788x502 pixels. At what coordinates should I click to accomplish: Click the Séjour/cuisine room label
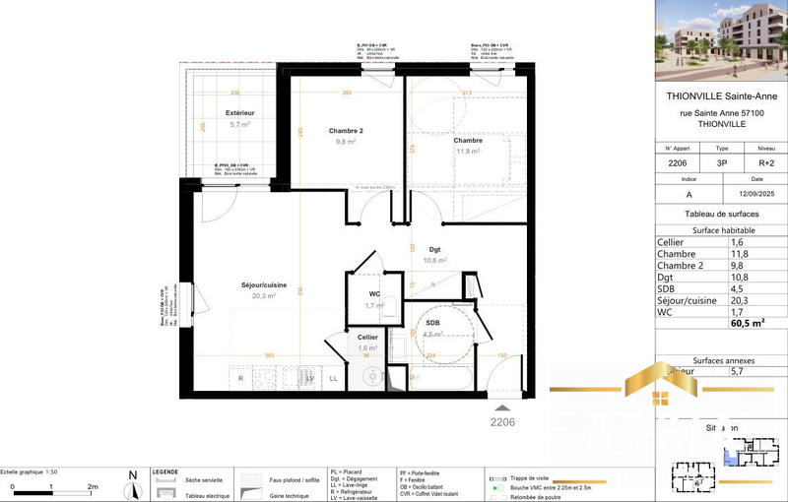[x=264, y=285]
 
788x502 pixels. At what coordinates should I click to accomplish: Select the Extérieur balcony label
[x=240, y=113]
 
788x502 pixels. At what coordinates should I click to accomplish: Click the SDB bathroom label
[x=432, y=323]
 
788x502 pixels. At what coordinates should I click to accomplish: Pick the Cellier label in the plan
[x=368, y=337]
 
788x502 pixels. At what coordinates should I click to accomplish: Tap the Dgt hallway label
[x=434, y=250]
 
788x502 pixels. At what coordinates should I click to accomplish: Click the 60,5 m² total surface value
[x=748, y=322]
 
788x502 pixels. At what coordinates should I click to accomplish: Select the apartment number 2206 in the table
[x=677, y=164]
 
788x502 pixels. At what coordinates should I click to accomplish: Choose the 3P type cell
[x=721, y=164]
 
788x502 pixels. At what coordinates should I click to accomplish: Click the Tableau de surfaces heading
[x=721, y=214]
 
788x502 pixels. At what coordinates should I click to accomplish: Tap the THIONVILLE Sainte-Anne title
[x=721, y=96]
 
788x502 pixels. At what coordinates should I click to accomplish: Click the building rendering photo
[x=721, y=39]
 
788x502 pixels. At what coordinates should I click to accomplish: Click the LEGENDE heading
[x=164, y=472]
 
